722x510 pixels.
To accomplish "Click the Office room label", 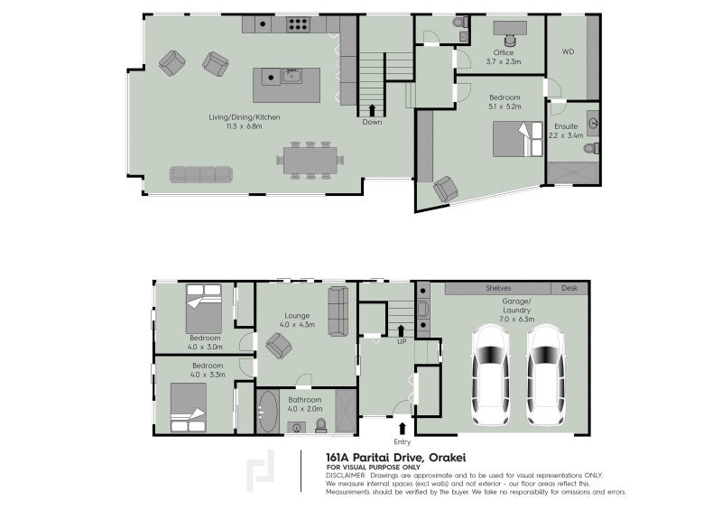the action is point(504,52).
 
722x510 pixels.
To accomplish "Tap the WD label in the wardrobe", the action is point(568,51).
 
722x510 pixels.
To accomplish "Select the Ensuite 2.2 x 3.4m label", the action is point(566,131).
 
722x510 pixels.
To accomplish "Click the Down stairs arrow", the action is point(372,110).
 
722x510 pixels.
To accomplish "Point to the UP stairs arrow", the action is point(401,330).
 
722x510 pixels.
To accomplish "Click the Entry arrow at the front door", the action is point(402,429).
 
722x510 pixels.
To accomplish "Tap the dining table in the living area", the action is point(310,161).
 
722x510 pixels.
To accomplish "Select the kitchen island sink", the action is point(292,76).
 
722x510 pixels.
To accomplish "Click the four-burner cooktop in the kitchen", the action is point(298,24).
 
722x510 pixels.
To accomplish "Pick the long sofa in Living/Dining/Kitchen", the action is point(200,174).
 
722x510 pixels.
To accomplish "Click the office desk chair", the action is point(510,41).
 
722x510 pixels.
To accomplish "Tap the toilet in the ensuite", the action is point(591,148).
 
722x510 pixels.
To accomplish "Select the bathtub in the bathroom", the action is point(267,412).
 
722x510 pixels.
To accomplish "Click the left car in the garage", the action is point(491,375).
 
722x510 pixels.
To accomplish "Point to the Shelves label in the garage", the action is point(498,288).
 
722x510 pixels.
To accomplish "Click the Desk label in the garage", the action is point(569,288).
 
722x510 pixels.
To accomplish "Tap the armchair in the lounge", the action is point(279,346).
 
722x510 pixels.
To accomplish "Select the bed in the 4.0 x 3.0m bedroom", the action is point(204,309).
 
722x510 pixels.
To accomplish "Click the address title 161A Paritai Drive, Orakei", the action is point(395,458).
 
